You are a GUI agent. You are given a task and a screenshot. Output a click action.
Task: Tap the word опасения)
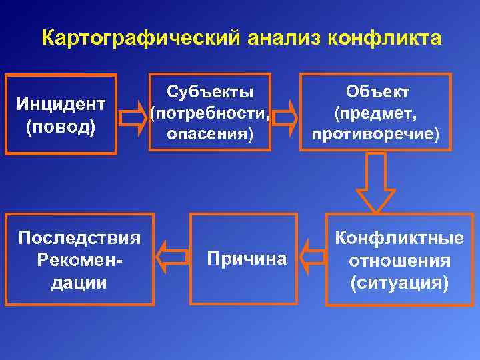210,134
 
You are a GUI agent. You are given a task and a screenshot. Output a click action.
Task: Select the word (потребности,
210,113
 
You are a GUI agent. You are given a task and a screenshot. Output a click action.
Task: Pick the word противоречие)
377,134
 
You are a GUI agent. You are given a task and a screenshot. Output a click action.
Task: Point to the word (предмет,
377,113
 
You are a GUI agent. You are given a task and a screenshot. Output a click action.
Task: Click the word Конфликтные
399,238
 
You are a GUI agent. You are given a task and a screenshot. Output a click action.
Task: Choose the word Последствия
79,238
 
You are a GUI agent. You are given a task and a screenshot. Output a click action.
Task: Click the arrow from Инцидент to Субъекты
133,117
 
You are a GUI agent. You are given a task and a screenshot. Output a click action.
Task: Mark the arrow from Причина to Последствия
171,257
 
